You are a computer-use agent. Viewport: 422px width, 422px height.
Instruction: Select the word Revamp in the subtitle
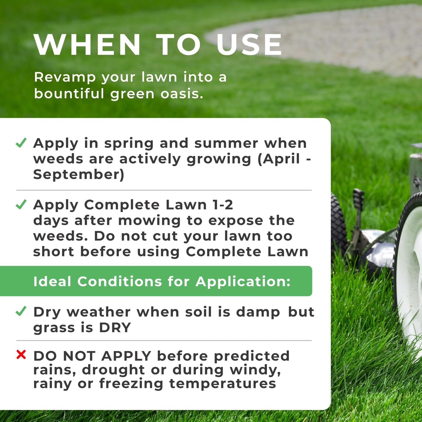(65, 77)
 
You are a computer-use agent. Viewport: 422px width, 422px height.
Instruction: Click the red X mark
(21, 355)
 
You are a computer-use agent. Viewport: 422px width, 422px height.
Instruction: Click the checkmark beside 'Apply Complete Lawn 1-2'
(21, 204)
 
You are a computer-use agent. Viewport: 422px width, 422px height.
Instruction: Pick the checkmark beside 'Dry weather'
(21, 311)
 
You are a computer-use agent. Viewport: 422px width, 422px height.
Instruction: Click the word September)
(79, 175)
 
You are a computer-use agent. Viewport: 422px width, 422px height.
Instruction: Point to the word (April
(279, 159)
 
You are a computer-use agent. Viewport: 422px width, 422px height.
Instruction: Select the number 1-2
(223, 205)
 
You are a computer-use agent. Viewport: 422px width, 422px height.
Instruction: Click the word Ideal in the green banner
(52, 282)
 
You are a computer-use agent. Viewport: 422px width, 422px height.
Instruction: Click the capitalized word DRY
(115, 328)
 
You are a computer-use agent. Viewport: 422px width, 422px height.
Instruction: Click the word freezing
(131, 384)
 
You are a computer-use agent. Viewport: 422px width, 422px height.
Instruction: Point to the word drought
(113, 370)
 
